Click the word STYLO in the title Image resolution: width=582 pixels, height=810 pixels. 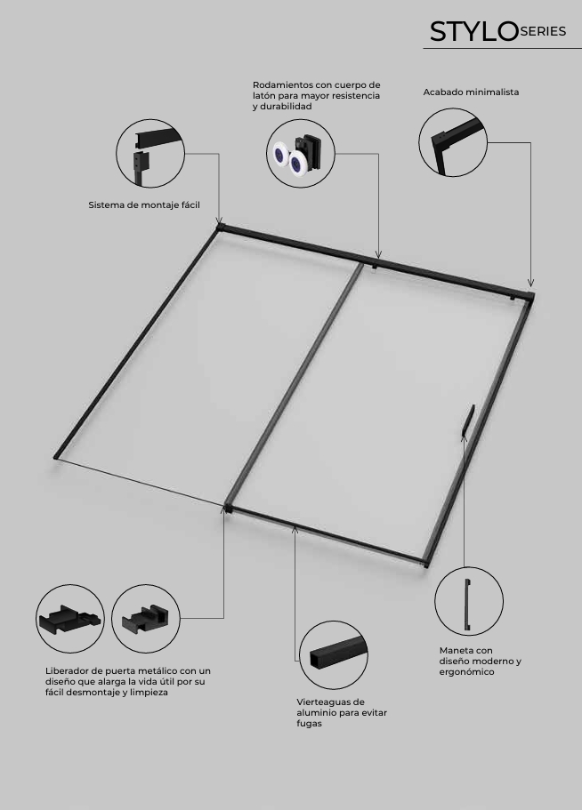tap(473, 32)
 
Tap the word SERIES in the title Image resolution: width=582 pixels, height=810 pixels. tap(543, 31)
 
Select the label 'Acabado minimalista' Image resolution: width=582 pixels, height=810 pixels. tap(471, 92)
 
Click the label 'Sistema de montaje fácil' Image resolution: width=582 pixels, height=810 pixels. tap(144, 205)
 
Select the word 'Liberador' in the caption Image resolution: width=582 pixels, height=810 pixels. tap(67, 671)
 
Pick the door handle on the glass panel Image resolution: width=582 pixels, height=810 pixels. tap(468, 421)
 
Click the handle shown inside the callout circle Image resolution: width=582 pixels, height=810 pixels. tap(468, 605)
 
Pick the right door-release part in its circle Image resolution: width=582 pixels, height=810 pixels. tap(146, 620)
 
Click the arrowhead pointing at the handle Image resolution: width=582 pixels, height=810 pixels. tap(464, 438)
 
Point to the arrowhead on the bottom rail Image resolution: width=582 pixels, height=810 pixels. tap(295, 529)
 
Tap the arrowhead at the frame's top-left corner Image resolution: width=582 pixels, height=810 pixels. tap(219, 221)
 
